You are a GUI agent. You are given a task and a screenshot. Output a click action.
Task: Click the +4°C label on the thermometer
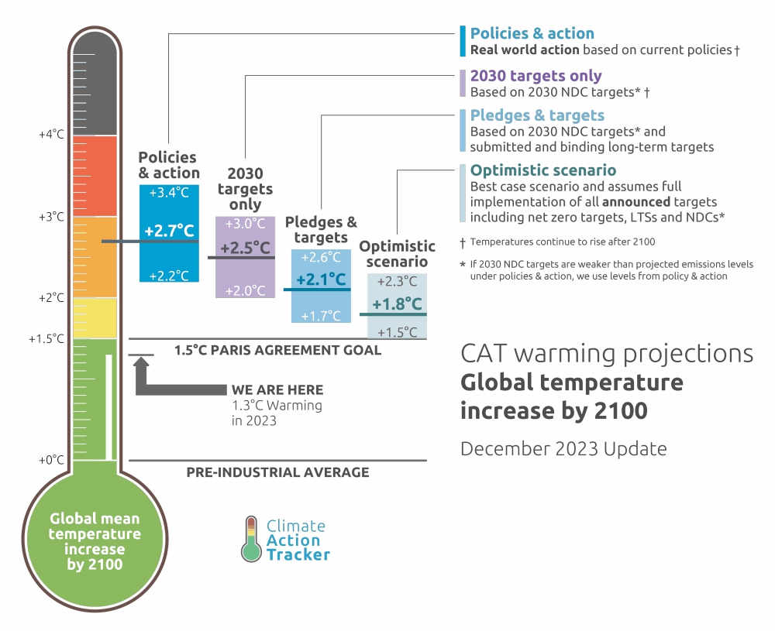(51, 134)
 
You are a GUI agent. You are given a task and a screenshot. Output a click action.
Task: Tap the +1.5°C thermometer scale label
(46, 339)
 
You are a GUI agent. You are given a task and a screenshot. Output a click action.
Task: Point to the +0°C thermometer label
(51, 460)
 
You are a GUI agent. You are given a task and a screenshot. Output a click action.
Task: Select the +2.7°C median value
(169, 231)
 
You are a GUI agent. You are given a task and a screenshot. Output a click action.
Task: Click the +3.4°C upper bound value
(169, 192)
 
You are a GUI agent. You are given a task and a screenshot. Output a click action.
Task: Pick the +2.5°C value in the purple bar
(245, 249)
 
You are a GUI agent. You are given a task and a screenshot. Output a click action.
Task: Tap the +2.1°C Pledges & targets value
(321, 279)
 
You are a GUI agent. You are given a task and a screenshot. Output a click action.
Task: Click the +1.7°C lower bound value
(321, 315)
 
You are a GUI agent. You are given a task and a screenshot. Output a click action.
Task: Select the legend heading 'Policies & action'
(532, 33)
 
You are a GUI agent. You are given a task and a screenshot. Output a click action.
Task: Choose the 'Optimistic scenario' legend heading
(543, 170)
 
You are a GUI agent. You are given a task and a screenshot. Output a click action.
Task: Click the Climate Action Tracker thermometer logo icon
(250, 538)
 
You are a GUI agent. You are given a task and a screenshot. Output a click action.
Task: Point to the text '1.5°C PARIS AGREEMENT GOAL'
(277, 350)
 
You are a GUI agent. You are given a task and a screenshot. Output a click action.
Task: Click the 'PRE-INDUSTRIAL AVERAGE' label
(277, 472)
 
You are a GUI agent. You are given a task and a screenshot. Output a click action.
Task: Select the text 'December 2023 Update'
(563, 448)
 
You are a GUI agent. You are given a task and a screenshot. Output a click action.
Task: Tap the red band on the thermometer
(94, 176)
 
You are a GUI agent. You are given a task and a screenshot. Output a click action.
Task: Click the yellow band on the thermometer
(94, 318)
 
